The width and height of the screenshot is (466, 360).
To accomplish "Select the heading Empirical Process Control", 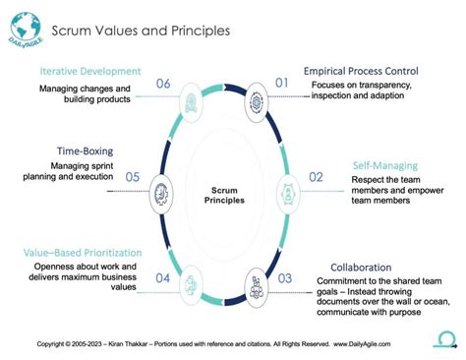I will tap(361, 72).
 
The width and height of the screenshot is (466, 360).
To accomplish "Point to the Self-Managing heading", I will tap(384, 165).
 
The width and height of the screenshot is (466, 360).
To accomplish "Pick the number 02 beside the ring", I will tap(317, 177).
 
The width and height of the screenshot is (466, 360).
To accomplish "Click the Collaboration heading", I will tap(362, 267).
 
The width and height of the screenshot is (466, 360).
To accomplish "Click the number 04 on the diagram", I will tap(163, 279).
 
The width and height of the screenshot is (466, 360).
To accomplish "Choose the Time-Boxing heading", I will tap(86, 151).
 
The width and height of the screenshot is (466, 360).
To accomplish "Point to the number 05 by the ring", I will tap(133, 177).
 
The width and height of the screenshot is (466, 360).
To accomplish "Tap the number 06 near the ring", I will tap(163, 84).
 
